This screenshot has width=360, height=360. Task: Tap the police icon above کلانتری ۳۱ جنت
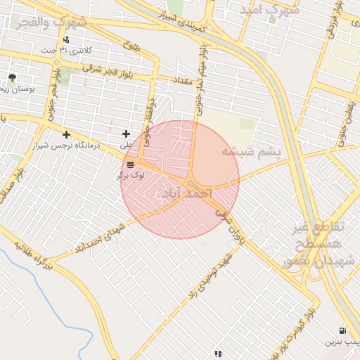(65, 39)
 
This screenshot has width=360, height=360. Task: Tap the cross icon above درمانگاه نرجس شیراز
(66, 134)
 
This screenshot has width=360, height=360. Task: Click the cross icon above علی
(127, 134)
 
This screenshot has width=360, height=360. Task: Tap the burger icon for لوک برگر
(131, 164)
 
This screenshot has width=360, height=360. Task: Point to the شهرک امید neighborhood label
(269, 11)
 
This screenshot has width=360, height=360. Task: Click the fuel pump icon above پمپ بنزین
(342, 330)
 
